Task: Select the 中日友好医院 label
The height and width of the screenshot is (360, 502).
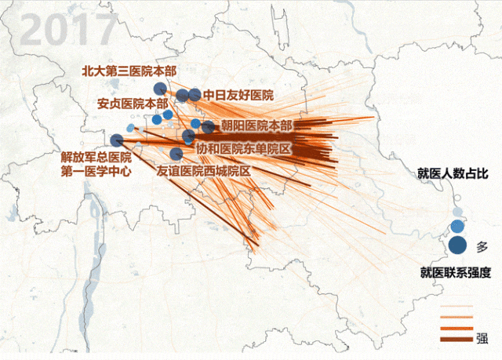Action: pyautogui.click(x=238, y=95)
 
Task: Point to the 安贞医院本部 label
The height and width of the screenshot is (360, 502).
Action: pyautogui.click(x=133, y=103)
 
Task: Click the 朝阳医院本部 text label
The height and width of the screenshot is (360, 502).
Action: pyautogui.click(x=256, y=125)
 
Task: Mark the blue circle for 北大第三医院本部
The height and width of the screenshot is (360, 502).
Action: pyautogui.click(x=159, y=89)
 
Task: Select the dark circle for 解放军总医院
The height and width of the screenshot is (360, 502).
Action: pyautogui.click(x=117, y=140)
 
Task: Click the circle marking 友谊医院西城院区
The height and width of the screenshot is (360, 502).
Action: pyautogui.click(x=176, y=154)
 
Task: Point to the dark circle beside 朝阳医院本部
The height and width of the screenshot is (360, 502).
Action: pyautogui.click(x=208, y=126)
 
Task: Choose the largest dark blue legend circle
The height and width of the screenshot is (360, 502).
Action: pyautogui.click(x=458, y=245)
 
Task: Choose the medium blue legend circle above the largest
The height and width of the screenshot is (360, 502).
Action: pyautogui.click(x=458, y=227)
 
